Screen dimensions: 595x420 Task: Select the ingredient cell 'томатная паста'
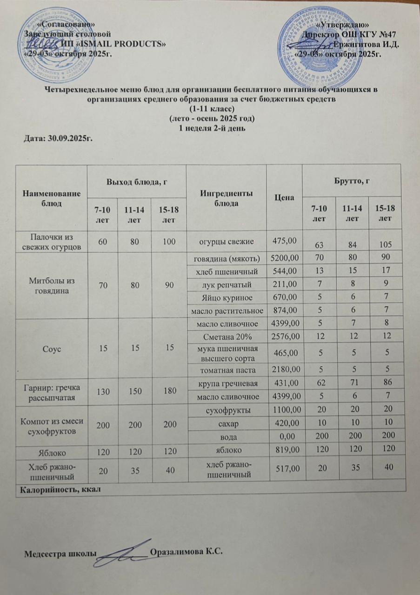point(226,370)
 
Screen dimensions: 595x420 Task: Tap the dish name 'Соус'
point(51,348)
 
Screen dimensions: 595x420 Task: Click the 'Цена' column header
point(284,198)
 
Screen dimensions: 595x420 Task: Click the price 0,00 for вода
point(284,436)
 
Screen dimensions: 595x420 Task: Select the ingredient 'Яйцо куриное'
point(226,296)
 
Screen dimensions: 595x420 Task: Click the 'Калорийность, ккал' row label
point(60,489)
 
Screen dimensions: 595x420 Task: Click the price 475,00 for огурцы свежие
point(284,241)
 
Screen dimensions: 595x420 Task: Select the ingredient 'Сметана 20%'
point(226,336)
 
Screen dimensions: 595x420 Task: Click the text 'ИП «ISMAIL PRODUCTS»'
point(114,44)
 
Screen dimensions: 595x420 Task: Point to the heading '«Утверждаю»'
point(343,24)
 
